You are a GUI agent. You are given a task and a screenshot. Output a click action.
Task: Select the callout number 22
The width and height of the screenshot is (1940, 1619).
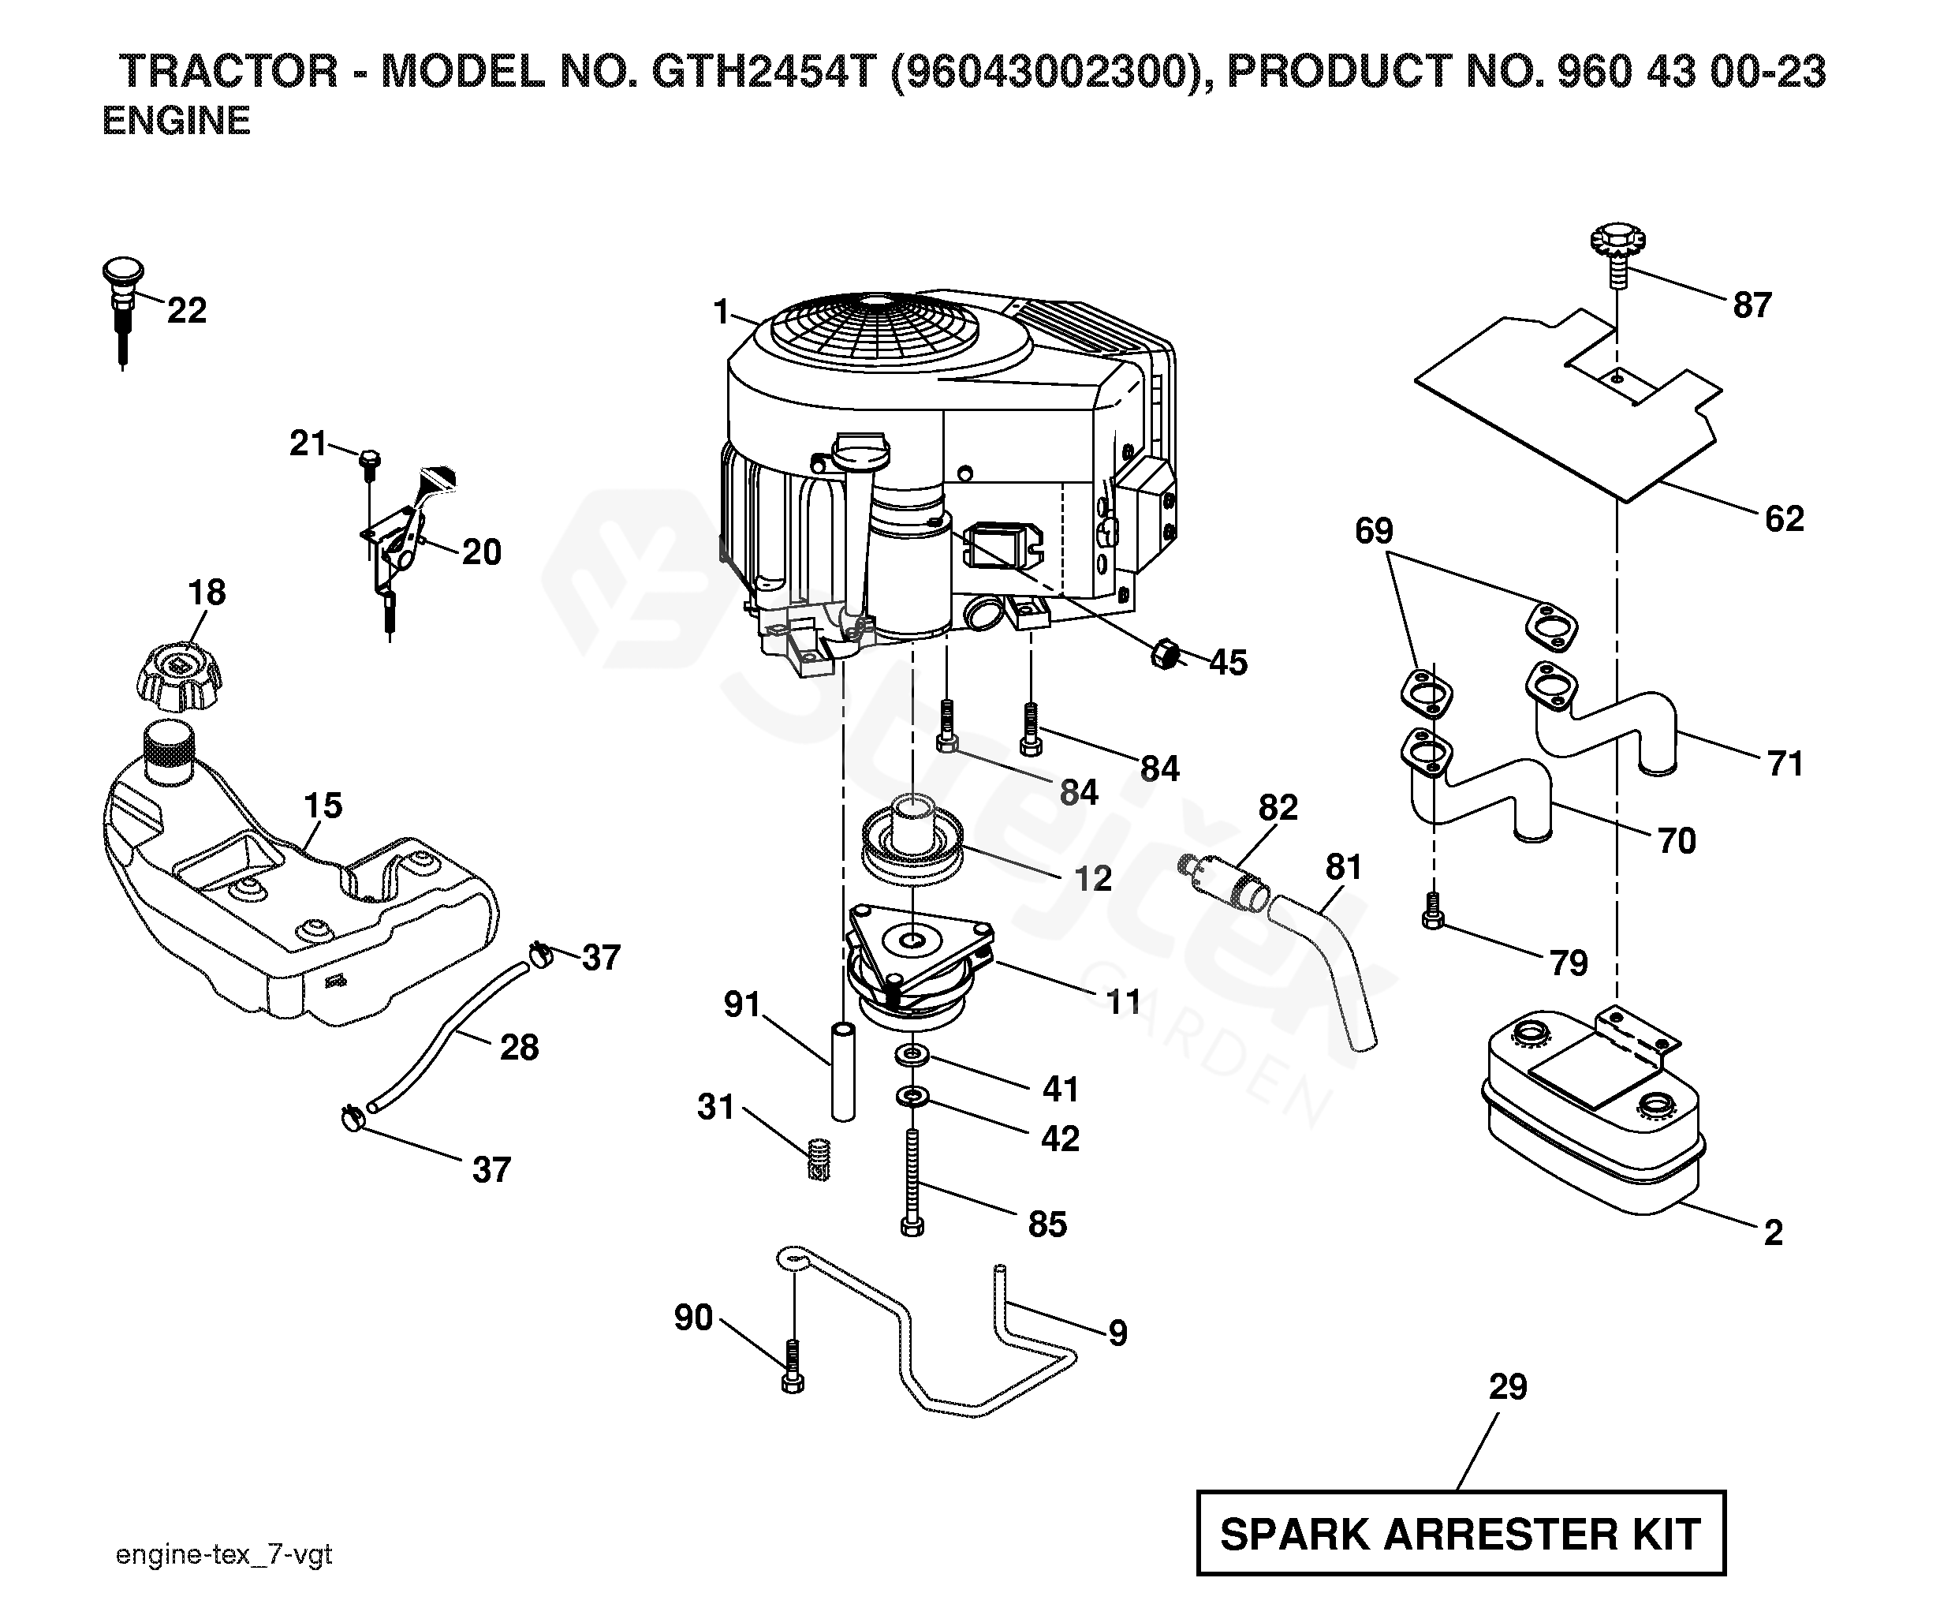coord(187,311)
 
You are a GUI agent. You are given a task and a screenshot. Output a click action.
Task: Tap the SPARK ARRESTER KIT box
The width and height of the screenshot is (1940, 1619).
coord(1461,1534)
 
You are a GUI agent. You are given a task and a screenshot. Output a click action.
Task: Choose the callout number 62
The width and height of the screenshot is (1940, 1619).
coord(1784,519)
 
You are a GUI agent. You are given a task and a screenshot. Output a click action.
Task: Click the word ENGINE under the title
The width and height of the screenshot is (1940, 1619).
coord(176,121)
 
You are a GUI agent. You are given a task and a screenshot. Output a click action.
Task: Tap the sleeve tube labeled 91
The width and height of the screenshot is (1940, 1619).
coord(841,1072)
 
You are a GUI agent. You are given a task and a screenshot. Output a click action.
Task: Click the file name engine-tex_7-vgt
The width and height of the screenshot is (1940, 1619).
coord(223,1554)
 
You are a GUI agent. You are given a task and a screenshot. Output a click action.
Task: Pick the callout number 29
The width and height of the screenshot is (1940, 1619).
coord(1508,1386)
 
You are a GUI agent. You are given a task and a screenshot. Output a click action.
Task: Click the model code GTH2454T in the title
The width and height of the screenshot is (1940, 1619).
coord(763,72)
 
